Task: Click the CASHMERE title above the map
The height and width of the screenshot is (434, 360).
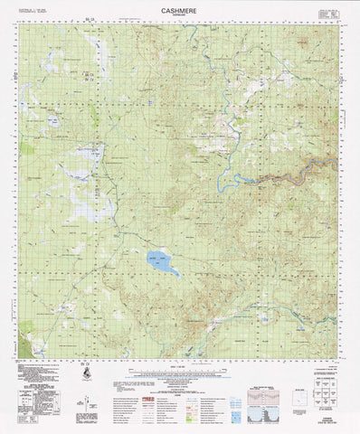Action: pos(179,13)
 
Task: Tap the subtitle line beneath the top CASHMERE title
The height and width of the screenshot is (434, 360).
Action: pos(179,19)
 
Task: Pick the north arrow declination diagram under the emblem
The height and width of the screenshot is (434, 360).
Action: pos(83,389)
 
